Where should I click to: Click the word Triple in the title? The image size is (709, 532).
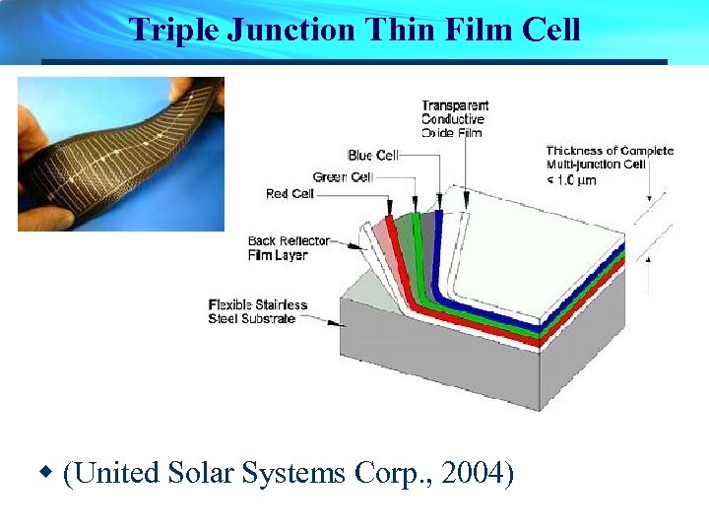click(x=173, y=30)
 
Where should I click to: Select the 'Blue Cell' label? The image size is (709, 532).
click(x=372, y=156)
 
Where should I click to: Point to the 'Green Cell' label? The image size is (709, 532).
click(x=342, y=176)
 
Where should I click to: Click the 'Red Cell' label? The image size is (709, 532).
click(x=290, y=194)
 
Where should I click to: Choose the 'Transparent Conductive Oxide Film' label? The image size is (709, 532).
click(x=454, y=119)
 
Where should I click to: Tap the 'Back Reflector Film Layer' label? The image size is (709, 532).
click(x=278, y=248)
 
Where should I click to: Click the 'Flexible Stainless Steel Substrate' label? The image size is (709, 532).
click(x=258, y=311)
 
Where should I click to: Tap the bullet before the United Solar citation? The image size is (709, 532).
click(x=46, y=474)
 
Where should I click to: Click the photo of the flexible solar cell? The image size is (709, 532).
click(x=120, y=153)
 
